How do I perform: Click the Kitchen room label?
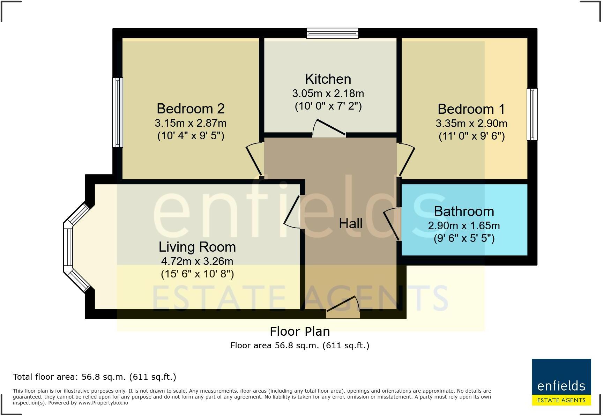328,79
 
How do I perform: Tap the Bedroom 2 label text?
191,109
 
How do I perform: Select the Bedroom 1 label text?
471,109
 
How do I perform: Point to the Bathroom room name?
464,211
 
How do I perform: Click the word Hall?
350,224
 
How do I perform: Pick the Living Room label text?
197,247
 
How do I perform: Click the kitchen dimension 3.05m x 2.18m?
328,94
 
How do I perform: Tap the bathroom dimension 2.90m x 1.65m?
464,226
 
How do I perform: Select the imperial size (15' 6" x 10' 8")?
197,274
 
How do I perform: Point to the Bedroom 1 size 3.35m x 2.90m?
471,124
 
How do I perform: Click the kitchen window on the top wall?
332,34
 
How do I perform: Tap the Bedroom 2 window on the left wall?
118,112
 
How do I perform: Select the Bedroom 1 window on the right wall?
532,114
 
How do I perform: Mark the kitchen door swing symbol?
328,128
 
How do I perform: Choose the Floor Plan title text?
300,331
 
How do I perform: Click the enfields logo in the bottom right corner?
561,382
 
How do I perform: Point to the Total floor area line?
94,377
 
